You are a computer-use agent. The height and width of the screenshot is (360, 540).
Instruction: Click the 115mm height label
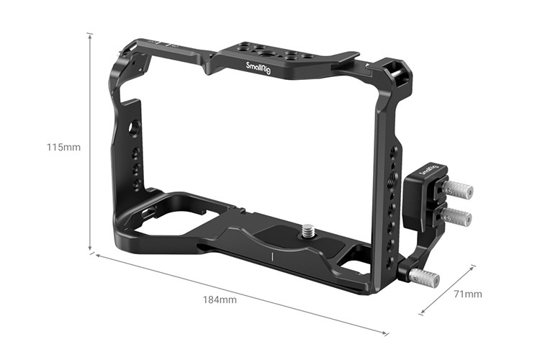click(63, 148)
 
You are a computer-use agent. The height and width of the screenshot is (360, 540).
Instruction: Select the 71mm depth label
click(468, 294)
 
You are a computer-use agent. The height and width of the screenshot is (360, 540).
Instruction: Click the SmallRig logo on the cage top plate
click(258, 70)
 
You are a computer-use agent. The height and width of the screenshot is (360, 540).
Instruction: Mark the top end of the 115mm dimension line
click(90, 33)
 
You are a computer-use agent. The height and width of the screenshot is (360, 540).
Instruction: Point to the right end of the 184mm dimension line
click(389, 334)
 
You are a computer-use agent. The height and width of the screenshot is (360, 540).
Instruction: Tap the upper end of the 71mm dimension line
click(475, 265)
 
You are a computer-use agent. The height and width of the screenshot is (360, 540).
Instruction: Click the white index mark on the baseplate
click(273, 257)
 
